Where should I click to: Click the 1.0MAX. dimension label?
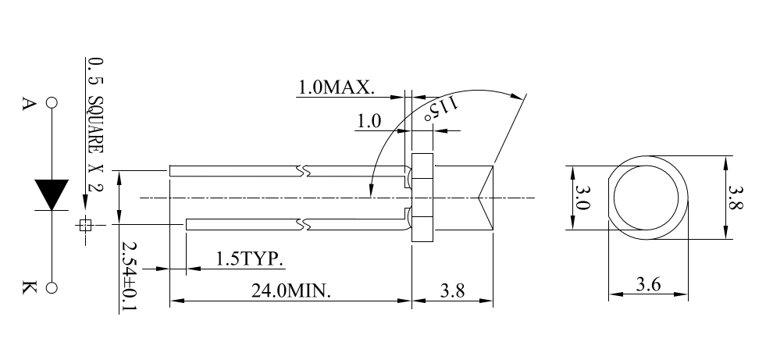click(336, 87)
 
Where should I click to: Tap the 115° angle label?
click(442, 108)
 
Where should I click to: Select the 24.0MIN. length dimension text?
click(291, 290)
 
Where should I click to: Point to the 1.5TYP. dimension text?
click(250, 259)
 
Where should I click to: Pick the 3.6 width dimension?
click(648, 283)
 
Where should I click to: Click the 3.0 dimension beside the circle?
click(583, 197)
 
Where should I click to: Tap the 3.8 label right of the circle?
click(736, 197)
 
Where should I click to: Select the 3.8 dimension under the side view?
click(452, 290)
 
